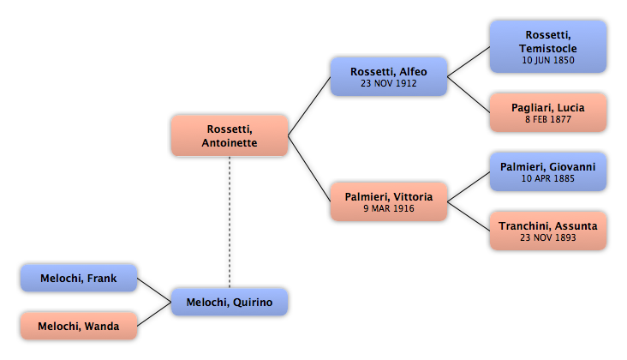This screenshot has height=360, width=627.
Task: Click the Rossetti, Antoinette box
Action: click(230, 135)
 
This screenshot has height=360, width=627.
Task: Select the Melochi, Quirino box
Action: click(230, 302)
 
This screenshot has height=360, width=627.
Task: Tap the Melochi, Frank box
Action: click(79, 278)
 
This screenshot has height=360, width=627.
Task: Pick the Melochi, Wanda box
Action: click(79, 326)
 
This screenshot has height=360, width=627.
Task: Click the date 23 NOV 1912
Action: click(389, 83)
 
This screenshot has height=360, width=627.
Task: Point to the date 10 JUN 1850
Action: click(548, 60)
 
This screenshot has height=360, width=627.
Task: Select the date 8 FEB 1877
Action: click(548, 119)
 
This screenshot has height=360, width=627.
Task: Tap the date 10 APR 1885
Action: click(548, 178)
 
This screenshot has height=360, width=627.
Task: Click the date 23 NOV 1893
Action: click(548, 237)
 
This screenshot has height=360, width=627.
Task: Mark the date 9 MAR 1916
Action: click(389, 208)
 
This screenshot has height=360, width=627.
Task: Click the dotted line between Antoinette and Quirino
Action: click(230, 222)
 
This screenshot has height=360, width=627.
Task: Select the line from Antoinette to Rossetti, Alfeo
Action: click(309, 106)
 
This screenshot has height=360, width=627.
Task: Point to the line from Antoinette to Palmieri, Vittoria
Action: click(309, 168)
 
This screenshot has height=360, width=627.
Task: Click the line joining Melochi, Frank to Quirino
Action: click(154, 290)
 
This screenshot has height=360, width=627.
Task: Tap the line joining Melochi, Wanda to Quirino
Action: click(154, 314)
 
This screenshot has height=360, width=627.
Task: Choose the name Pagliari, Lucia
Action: click(548, 108)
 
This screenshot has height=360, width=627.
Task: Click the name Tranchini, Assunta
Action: click(548, 226)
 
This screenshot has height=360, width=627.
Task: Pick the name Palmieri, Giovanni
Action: click(548, 167)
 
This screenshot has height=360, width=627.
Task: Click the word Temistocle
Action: click(548, 48)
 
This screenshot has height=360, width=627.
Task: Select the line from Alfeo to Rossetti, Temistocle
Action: click(469, 62)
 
